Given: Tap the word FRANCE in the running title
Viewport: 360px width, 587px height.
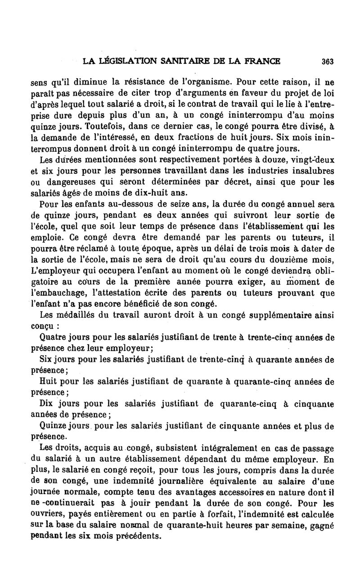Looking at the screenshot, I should coord(260,61).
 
